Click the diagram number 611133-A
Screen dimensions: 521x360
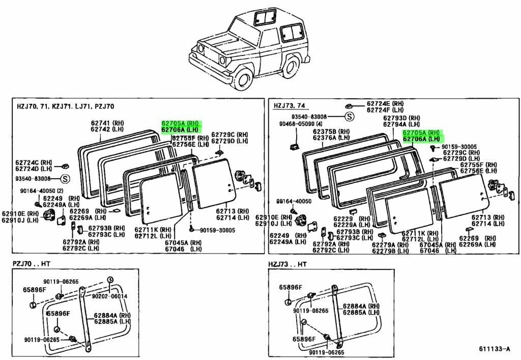[x=494, y=349]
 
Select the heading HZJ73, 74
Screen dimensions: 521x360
[x=289, y=106]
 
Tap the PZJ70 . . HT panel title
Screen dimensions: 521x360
[x=31, y=264]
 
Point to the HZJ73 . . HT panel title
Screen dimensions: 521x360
[x=287, y=264]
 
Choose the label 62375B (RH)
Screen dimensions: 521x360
[x=331, y=132]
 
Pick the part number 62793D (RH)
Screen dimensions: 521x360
[x=401, y=118]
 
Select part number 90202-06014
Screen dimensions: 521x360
[x=109, y=296]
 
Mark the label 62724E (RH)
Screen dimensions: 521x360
[x=385, y=104]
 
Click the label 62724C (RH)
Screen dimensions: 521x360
[x=34, y=162]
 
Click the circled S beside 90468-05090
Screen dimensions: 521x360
[x=349, y=117]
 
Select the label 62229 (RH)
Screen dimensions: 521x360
[x=352, y=219]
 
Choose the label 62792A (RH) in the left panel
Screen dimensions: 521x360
[x=81, y=242]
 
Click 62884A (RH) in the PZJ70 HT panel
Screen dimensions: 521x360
[x=112, y=315]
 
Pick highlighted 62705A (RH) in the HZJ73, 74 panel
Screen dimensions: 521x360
[x=421, y=132]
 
